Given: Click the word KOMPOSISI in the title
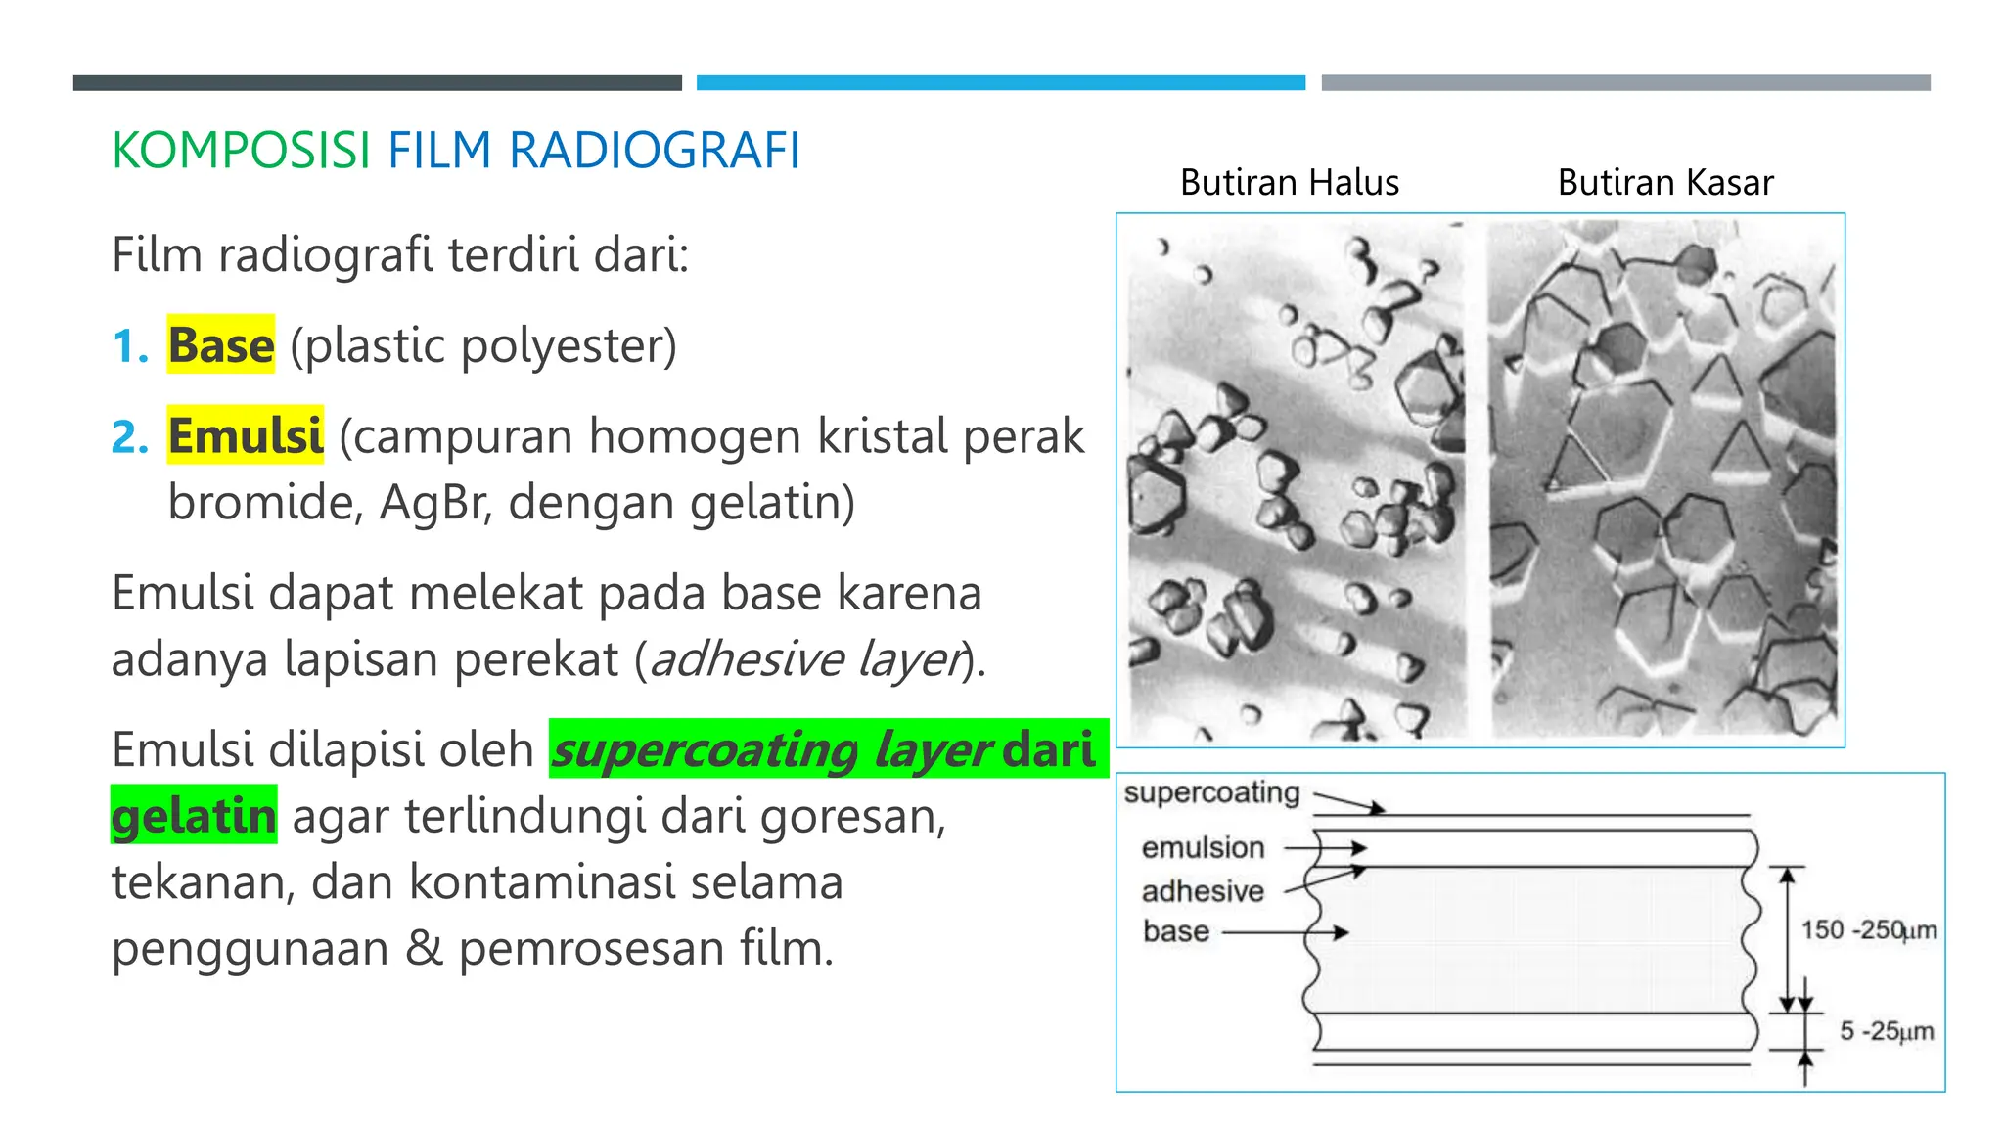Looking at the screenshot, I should click(x=241, y=152).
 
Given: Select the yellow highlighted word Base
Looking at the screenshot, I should click(x=221, y=345).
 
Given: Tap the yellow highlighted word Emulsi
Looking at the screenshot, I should click(x=245, y=436).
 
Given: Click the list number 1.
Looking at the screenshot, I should click(x=129, y=346).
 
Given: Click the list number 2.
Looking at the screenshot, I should click(x=129, y=437).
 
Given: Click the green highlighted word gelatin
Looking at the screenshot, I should click(x=194, y=816).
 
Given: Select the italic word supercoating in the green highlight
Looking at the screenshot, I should click(x=706, y=750).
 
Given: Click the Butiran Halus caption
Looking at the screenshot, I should click(x=1289, y=183).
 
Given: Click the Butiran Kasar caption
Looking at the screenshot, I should click(x=1664, y=183).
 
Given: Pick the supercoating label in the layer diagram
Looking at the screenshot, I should click(x=1211, y=792).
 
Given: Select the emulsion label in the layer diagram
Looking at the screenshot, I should click(x=1203, y=847).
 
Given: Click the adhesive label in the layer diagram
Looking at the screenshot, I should click(x=1203, y=891).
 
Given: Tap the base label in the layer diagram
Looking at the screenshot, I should click(x=1176, y=931).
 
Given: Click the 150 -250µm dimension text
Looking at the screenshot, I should click(x=1868, y=930).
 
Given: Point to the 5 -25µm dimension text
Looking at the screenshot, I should click(x=1886, y=1031).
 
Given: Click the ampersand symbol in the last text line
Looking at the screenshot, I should click(x=423, y=949).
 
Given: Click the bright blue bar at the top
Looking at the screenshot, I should click(x=1000, y=83).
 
